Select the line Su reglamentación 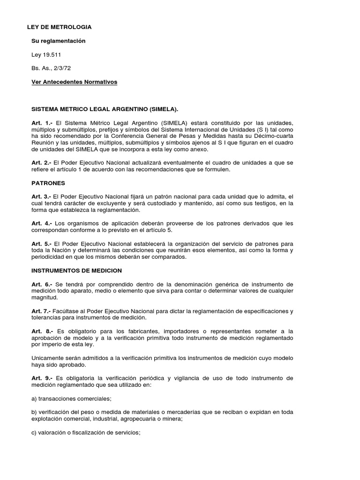(59, 41)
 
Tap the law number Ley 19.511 (46, 55)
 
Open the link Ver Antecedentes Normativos (74, 82)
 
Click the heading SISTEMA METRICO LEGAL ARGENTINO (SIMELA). (105, 109)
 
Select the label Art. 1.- (42, 123)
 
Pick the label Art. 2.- (41, 163)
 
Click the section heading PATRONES (48, 183)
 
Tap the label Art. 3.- (41, 197)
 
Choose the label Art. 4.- (42, 224)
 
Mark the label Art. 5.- (41, 244)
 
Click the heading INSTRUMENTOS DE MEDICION (76, 271)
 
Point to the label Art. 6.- (42, 285)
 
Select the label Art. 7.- (41, 311)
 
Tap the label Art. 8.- (42, 331)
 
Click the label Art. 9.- (42, 378)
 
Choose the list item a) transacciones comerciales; (71, 399)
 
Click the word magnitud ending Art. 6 (45, 298)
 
